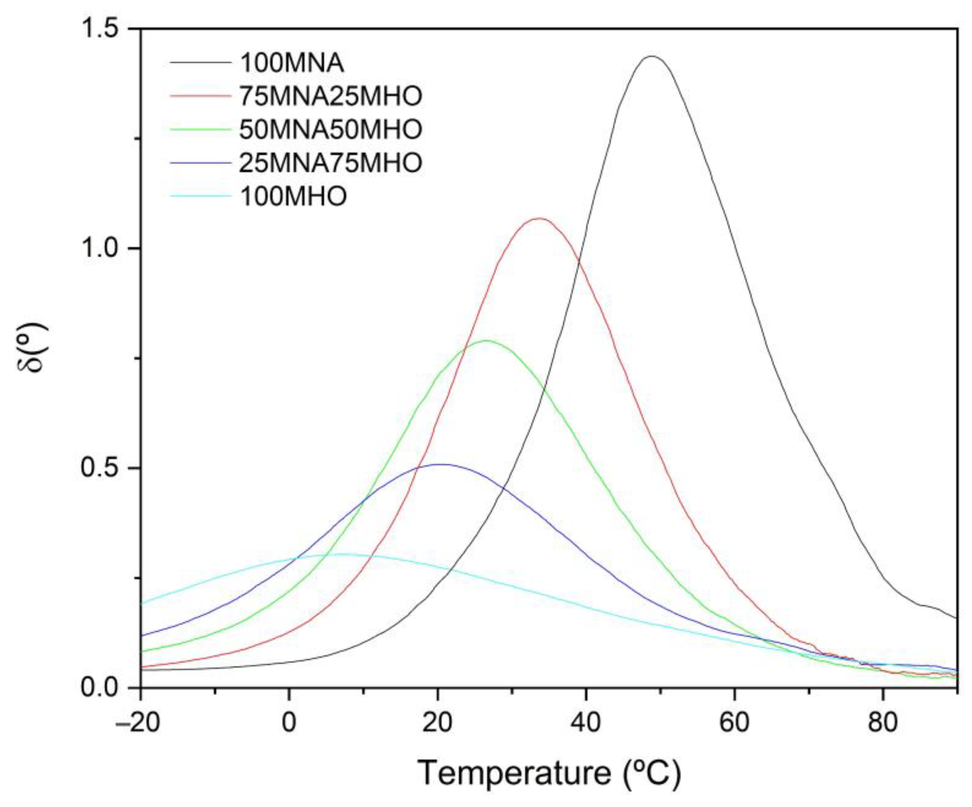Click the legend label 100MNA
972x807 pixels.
tap(292, 63)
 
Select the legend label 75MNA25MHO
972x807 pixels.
tap(330, 96)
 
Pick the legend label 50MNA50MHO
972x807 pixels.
tap(330, 130)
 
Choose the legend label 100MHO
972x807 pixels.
tap(293, 196)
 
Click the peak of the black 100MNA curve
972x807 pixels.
tap(652, 56)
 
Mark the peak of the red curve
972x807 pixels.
tap(538, 218)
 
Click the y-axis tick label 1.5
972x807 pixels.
tap(100, 29)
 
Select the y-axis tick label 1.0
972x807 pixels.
tap(100, 249)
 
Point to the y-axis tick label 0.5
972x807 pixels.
tap(100, 468)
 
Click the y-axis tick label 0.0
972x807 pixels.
tap(100, 688)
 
